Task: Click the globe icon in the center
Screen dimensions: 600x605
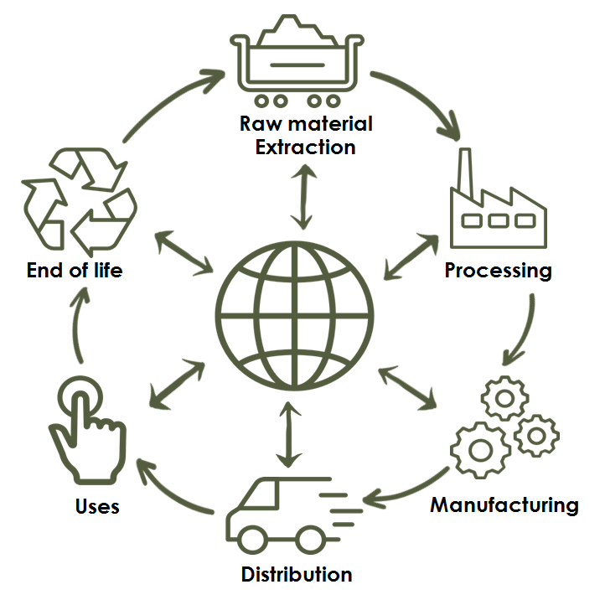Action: coord(294,317)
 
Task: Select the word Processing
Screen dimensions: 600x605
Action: coord(498,271)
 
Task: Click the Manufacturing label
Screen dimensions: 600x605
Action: coord(504,505)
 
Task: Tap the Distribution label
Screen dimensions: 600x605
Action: coord(296,575)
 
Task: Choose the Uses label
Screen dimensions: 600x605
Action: coord(97,506)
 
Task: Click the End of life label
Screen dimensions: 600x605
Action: coord(75,271)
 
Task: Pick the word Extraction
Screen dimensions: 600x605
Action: coord(305,147)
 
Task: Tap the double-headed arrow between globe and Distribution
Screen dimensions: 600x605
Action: coord(289,434)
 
